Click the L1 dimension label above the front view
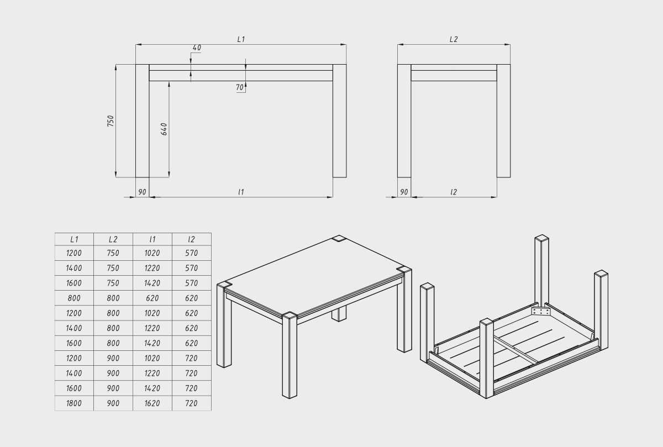pyautogui.click(x=241, y=39)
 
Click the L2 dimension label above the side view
pyautogui.click(x=454, y=39)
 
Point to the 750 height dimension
pyautogui.click(x=110, y=121)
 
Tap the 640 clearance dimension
pyautogui.click(x=164, y=129)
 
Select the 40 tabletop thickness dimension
pyautogui.click(x=197, y=48)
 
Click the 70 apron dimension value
pyautogui.click(x=239, y=87)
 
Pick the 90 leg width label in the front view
pyautogui.click(x=142, y=192)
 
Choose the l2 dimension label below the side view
pyautogui.click(x=454, y=192)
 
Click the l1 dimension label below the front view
pyautogui.click(x=241, y=192)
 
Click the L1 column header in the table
pyautogui.click(x=74, y=239)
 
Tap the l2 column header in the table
pyautogui.click(x=192, y=239)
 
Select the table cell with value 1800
pyautogui.click(x=74, y=403)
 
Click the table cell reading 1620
pyautogui.click(x=152, y=403)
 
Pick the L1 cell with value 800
pyautogui.click(x=74, y=298)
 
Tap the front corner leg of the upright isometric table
pyautogui.click(x=290, y=355)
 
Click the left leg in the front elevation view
pyautogui.click(x=143, y=121)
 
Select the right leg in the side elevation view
pyautogui.click(x=503, y=121)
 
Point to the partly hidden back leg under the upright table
pyautogui.click(x=339, y=314)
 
